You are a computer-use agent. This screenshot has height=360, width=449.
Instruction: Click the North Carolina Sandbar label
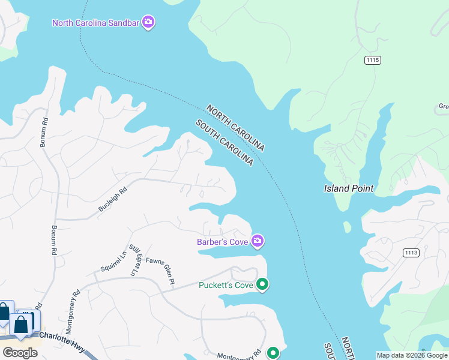(95, 23)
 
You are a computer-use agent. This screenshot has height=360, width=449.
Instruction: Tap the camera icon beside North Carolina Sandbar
(148, 23)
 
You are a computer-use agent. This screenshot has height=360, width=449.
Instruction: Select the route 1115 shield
(372, 60)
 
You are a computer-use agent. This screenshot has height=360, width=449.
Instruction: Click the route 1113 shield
(411, 253)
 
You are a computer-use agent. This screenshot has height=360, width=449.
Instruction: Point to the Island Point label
(349, 188)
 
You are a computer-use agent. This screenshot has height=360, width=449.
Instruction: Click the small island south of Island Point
(347, 227)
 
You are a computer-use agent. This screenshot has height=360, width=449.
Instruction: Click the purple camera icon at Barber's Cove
(258, 241)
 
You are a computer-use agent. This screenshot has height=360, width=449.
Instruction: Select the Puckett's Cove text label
(226, 285)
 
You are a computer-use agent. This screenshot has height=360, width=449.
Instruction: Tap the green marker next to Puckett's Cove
(262, 284)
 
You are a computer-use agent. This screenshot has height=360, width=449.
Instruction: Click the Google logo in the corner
(20, 352)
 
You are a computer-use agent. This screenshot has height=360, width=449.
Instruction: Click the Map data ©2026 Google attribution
(412, 355)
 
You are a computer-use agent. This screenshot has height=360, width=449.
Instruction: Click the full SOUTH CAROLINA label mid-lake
(224, 143)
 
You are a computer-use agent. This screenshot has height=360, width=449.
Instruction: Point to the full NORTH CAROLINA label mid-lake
(235, 128)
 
